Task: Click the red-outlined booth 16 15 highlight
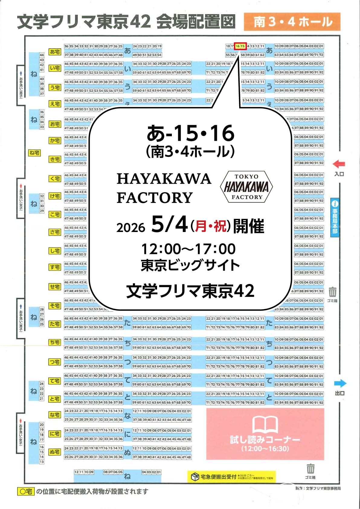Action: click(240, 46)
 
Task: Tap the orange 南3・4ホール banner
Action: click(292, 22)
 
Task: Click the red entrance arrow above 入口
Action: click(339, 164)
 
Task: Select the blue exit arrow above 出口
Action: click(340, 383)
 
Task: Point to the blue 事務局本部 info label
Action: click(335, 217)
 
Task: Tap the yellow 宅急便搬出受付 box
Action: click(231, 477)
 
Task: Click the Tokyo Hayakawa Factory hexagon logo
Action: click(247, 187)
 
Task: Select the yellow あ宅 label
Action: click(55, 52)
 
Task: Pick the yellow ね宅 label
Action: click(34, 153)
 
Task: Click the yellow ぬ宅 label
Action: click(55, 452)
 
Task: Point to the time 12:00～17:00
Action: click(188, 249)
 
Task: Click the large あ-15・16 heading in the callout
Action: click(190, 133)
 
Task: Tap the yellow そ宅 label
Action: click(55, 306)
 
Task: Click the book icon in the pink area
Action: click(265, 424)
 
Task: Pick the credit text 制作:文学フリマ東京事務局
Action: click(318, 488)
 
